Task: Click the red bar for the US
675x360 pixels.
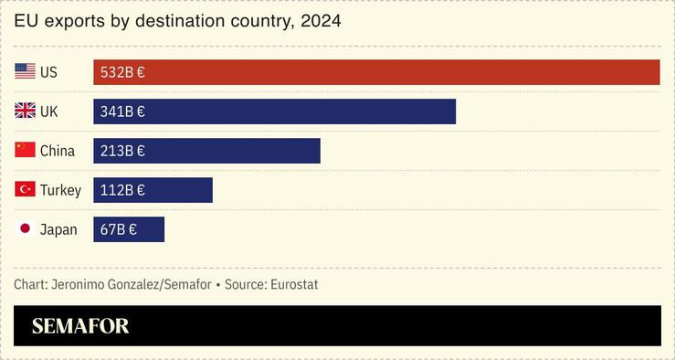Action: tap(376, 72)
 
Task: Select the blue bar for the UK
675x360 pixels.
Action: tap(274, 111)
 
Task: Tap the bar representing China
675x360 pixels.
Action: tap(206, 151)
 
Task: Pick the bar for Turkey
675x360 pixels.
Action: tap(153, 190)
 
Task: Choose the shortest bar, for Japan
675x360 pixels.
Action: tap(129, 229)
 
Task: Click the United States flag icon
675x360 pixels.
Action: tap(25, 72)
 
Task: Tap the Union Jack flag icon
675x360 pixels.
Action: tap(25, 111)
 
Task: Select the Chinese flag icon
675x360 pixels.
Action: tap(25, 151)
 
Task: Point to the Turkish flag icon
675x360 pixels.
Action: tap(25, 190)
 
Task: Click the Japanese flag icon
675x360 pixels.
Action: tap(25, 229)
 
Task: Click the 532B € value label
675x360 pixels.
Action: tap(122, 72)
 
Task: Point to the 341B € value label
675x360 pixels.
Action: tap(122, 111)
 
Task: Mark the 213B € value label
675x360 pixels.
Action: tap(122, 151)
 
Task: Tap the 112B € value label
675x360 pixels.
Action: tap(122, 190)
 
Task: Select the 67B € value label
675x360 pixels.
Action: tap(119, 229)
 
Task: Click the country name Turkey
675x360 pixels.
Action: tap(60, 190)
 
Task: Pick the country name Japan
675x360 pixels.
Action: tap(58, 229)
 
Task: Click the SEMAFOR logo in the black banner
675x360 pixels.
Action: tap(80, 326)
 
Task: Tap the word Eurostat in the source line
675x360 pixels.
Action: tap(294, 284)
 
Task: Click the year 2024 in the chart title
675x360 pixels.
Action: tap(321, 20)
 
